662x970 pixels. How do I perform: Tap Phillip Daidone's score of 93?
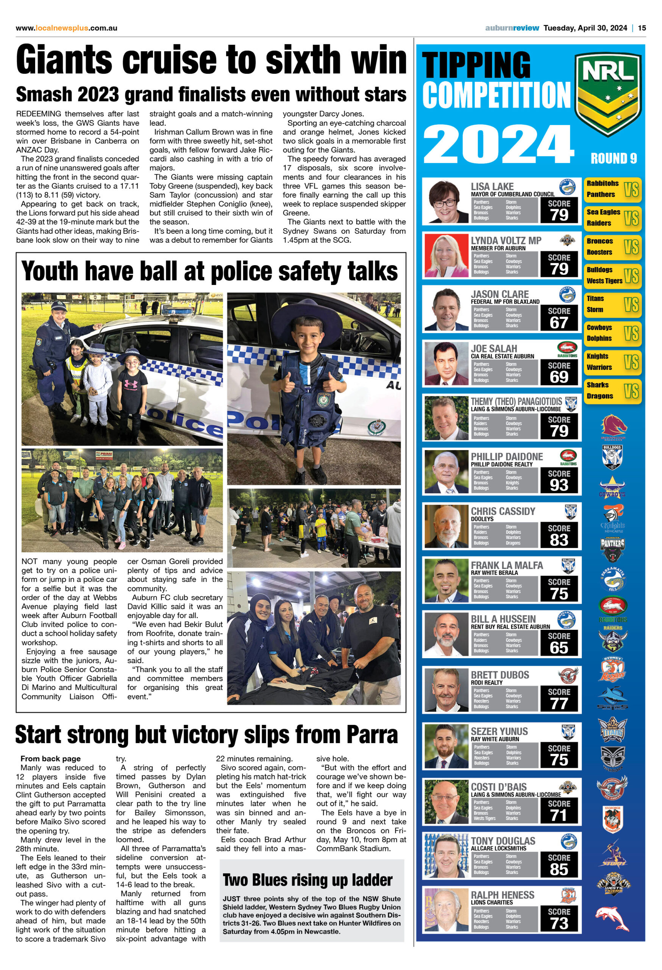point(559,485)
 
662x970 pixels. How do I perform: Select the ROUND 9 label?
point(613,159)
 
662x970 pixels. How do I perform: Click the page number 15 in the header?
point(642,28)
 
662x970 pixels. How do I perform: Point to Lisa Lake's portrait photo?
point(445,202)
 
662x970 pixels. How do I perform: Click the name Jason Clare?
point(499,294)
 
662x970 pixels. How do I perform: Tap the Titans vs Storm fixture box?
point(612,304)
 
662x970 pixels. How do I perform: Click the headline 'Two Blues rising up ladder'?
point(308,880)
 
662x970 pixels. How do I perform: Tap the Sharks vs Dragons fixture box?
point(612,391)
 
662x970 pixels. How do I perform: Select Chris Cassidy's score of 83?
point(559,540)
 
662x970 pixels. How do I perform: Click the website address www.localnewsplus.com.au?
point(66,28)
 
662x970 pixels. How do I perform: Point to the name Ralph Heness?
point(502,895)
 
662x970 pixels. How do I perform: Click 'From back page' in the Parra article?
point(50,759)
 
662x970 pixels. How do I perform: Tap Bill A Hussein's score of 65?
point(559,648)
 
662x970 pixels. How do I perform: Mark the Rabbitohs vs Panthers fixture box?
point(612,189)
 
